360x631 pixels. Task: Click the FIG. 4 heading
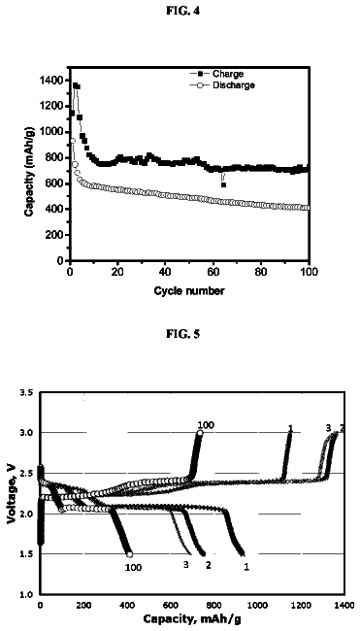[x=182, y=12]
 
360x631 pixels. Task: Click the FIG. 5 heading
[x=182, y=334]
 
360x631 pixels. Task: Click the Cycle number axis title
[x=189, y=291]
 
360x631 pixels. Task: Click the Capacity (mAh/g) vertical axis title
[x=28, y=171]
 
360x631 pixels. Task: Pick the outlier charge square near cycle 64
[x=223, y=184]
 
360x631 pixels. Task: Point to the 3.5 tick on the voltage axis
[x=27, y=392]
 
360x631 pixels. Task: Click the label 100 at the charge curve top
[x=206, y=425]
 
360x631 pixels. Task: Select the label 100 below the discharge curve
[x=133, y=568]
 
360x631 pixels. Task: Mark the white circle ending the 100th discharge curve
[x=129, y=554]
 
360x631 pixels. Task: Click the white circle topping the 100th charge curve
[x=200, y=433]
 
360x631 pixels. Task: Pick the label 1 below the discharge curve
[x=246, y=567]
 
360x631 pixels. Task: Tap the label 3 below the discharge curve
[x=186, y=565]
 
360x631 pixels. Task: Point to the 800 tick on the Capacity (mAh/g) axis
[x=55, y=157]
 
